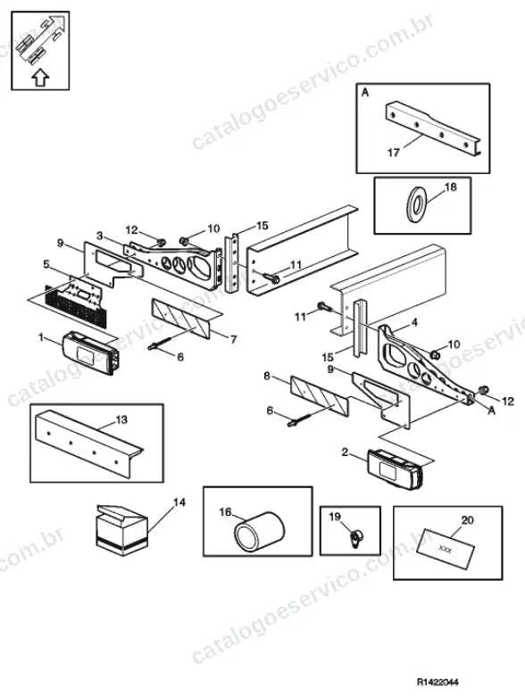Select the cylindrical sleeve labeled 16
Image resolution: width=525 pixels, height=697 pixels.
click(x=259, y=531)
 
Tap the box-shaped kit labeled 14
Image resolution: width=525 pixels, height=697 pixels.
click(x=121, y=529)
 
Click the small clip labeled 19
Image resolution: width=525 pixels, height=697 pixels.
click(x=356, y=538)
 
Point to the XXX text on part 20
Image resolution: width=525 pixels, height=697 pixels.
click(x=445, y=549)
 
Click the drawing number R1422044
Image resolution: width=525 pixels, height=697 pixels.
click(x=437, y=682)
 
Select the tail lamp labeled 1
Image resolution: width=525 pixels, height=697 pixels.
click(x=91, y=352)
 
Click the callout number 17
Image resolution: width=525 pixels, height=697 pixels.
click(x=394, y=153)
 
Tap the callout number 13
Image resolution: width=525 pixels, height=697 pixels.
click(x=121, y=419)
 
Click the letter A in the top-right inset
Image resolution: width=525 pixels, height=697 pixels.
click(x=365, y=93)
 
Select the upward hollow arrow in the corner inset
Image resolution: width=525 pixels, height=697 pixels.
click(x=40, y=77)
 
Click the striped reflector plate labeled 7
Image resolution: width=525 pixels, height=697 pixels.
click(x=180, y=318)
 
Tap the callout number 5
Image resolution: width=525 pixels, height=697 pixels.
click(x=46, y=264)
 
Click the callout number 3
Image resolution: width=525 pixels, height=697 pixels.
click(x=100, y=235)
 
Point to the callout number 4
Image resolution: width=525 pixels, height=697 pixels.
click(x=414, y=322)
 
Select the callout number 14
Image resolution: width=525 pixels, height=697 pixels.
click(x=179, y=502)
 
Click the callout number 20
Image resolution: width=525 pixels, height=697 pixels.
click(x=468, y=519)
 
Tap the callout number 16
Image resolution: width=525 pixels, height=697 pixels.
click(x=225, y=512)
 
